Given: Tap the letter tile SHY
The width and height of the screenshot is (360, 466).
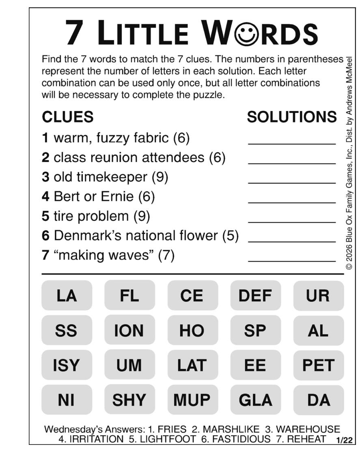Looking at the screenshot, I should point(129,400).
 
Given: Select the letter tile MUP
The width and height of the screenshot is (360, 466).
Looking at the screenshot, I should point(192,400).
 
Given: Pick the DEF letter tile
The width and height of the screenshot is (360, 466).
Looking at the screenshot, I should point(255,296).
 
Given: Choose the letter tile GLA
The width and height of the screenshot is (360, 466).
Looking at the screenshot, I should point(255,400).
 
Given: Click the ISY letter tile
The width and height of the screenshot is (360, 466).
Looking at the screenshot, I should point(67,365).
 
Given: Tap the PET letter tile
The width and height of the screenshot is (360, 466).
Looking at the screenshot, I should point(319,365).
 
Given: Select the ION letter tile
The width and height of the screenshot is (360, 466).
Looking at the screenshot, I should point(129,331).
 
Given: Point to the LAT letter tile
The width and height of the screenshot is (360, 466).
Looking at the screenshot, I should point(192,365).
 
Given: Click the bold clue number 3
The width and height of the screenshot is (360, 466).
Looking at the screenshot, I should point(45,177).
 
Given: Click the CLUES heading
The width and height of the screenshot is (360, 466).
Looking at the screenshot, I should point(68,117).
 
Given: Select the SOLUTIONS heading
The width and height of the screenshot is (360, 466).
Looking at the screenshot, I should point(292,117).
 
